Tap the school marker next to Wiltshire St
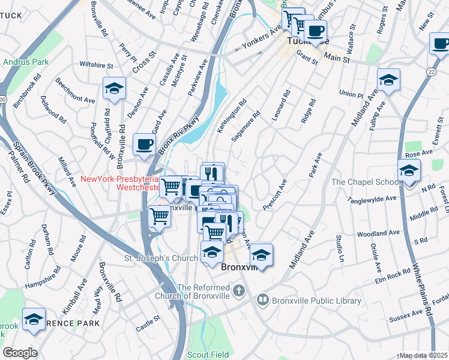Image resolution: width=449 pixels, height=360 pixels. pyautogui.click(x=113, y=89)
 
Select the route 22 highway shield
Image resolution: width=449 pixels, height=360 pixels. pyautogui.click(x=432, y=71)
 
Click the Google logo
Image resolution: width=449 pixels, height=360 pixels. pyautogui.click(x=20, y=353)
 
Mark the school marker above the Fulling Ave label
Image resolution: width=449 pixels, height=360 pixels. pyautogui.click(x=388, y=80)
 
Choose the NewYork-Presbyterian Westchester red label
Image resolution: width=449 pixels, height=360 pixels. pyautogui.click(x=120, y=182)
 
